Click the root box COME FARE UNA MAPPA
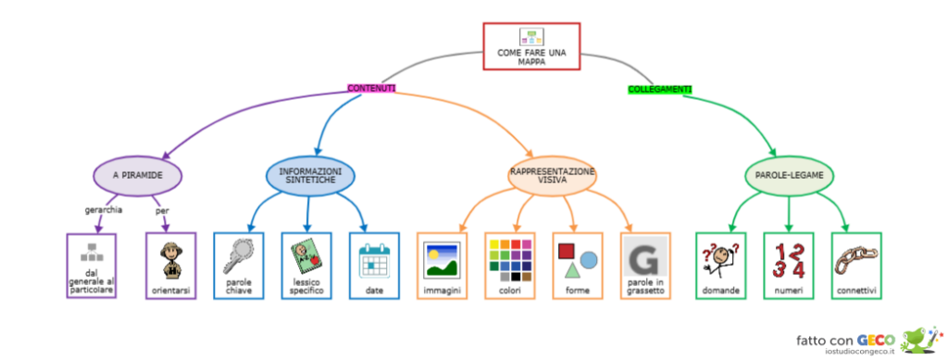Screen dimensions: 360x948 [x=531, y=46]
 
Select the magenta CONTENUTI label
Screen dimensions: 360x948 [x=371, y=88]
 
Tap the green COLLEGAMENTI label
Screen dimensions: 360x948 [x=659, y=89]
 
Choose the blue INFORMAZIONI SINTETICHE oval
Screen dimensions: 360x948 [x=310, y=175]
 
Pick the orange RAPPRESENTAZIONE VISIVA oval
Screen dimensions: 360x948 [x=553, y=175]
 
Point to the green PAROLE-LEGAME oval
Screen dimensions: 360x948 [x=789, y=174]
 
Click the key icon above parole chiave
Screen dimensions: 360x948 [x=238, y=255]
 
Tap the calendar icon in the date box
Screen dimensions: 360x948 [x=375, y=258]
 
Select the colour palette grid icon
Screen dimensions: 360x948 [x=510, y=259]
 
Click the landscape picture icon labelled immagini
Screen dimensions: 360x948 [x=442, y=259]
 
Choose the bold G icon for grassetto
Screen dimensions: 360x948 [x=645, y=256]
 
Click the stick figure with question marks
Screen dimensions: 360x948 [x=720, y=259]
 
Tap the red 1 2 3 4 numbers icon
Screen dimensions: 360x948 [x=789, y=259]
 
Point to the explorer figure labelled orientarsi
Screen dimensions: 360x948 [x=171, y=259]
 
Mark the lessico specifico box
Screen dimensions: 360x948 [x=306, y=266]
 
